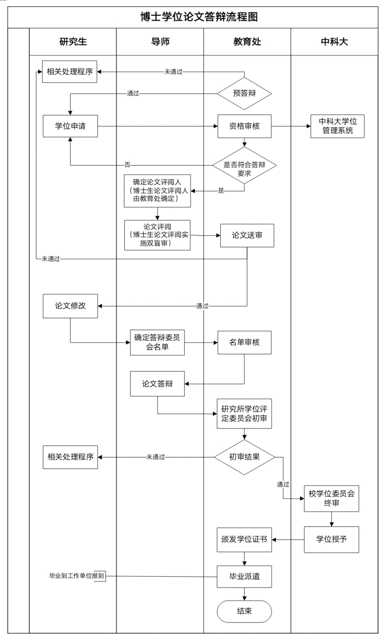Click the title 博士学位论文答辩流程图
pyautogui.click(x=199, y=17)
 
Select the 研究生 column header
pyautogui.click(x=73, y=42)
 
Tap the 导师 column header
pyautogui.click(x=160, y=42)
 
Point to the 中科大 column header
pyautogui.click(x=334, y=42)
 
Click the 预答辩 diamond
pyautogui.click(x=244, y=93)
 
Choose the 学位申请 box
pyautogui.click(x=70, y=126)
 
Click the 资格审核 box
pyautogui.click(x=244, y=126)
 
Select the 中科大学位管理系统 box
pyautogui.click(x=337, y=126)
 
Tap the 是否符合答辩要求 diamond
pyautogui.click(x=244, y=169)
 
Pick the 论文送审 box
pyautogui.click(x=247, y=235)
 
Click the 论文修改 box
pyautogui.click(x=70, y=306)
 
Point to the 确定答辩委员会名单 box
pyautogui.click(x=157, y=342)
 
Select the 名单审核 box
pyautogui.click(x=244, y=342)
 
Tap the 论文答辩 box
pyautogui.click(x=157, y=384)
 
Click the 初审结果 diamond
pyautogui.click(x=244, y=457)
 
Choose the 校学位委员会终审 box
pyautogui.click(x=332, y=498)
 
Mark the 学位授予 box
pyautogui.click(x=332, y=539)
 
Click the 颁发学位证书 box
pyautogui.click(x=244, y=539)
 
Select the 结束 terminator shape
pyautogui.click(x=244, y=611)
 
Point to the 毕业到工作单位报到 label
pyautogui.click(x=77, y=576)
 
